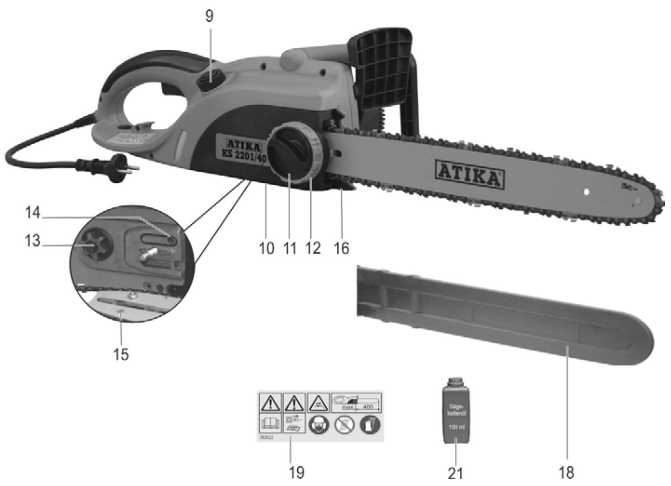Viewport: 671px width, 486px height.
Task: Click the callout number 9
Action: coord(209,16)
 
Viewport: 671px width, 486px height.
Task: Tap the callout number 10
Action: coord(266,248)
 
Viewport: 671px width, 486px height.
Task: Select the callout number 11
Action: coord(290,248)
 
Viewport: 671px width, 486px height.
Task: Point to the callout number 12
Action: coord(313,248)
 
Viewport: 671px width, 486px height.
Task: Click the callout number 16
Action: coord(341,248)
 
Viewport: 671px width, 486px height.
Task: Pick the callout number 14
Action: coord(33,213)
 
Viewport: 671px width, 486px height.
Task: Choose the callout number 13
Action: coord(33,241)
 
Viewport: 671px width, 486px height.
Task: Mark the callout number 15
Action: coord(121,354)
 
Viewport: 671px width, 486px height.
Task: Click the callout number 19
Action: coord(296,472)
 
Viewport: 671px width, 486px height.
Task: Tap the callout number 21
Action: coord(456,473)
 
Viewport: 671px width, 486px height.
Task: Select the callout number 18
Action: coord(566,473)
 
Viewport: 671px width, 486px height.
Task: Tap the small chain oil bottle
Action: coord(456,412)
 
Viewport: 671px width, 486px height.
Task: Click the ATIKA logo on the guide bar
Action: coord(470,174)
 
